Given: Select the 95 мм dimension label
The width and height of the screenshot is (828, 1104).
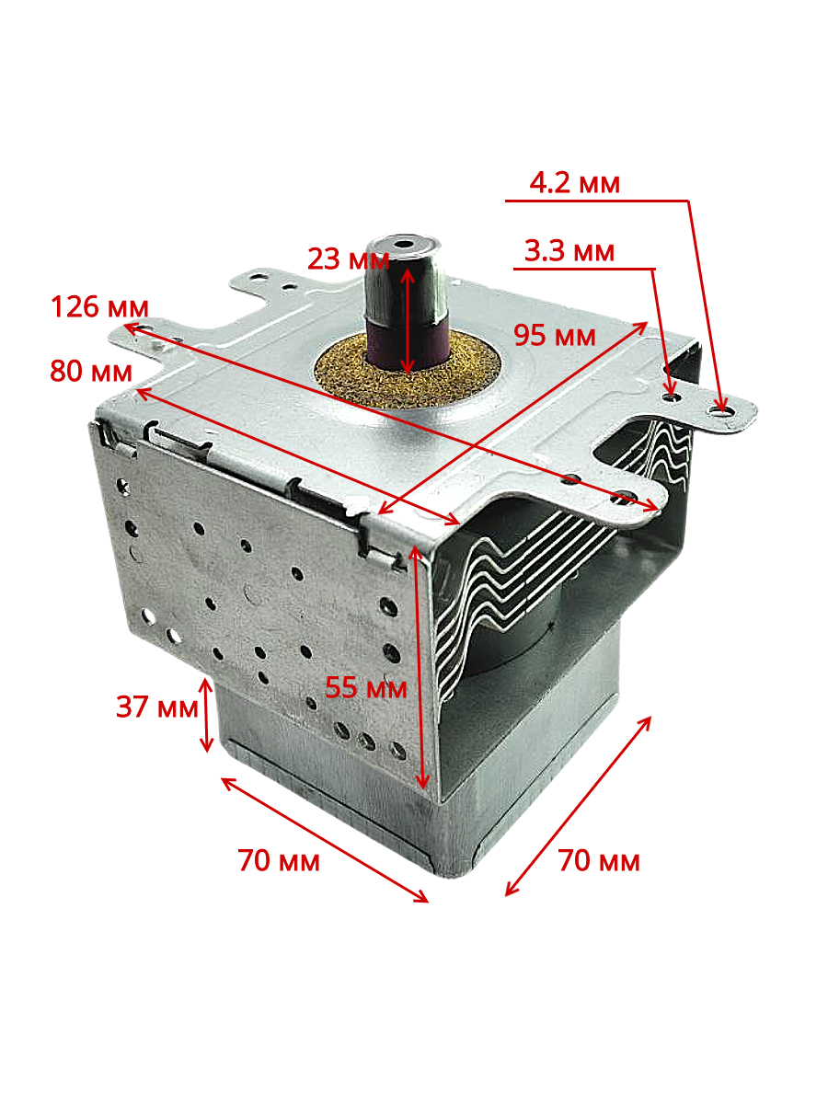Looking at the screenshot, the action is click(x=555, y=335).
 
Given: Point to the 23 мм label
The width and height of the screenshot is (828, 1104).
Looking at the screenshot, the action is click(x=349, y=259).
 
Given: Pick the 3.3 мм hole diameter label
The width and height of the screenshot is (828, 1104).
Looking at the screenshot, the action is click(x=569, y=250).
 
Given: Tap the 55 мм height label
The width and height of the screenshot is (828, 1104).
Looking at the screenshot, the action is click(x=366, y=687).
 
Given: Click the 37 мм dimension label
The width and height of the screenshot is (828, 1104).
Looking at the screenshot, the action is click(x=156, y=707).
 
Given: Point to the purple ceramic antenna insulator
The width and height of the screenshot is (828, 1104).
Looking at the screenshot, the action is click(x=408, y=342).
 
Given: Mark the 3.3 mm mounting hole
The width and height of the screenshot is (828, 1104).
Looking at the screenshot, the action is click(x=671, y=397).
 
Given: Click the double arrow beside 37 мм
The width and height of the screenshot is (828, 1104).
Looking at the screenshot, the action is click(x=206, y=715).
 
